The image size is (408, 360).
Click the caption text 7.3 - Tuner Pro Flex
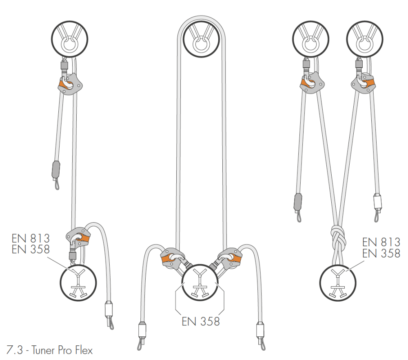(49, 350)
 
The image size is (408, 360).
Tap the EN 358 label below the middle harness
(201, 322)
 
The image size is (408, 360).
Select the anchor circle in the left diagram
(69, 39)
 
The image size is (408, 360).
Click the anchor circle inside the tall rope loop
(201, 39)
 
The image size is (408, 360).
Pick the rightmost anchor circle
(365, 39)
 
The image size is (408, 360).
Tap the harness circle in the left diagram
(78, 283)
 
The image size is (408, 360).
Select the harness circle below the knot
(338, 283)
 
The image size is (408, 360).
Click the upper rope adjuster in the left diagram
(70, 84)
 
